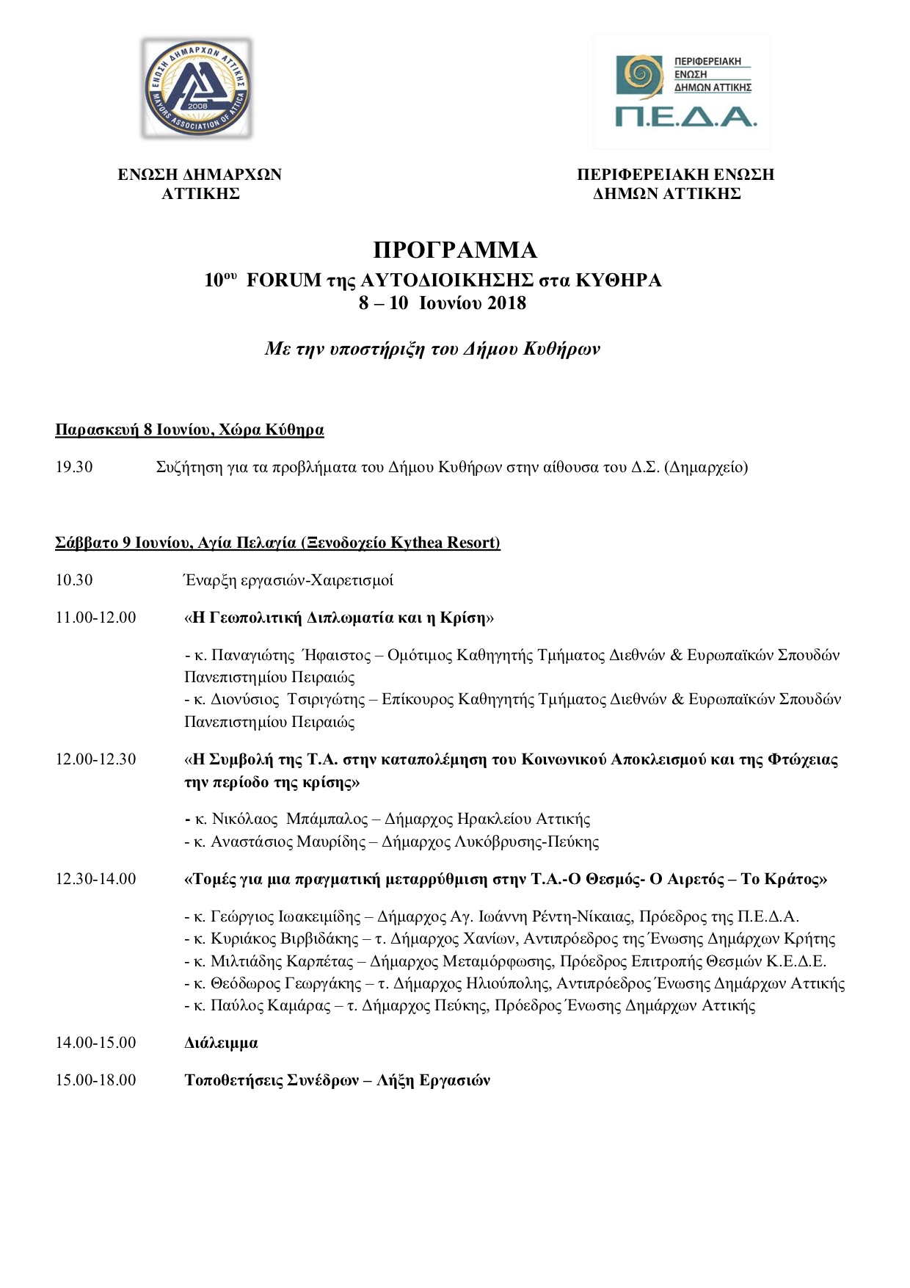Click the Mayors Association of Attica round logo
tap(197, 88)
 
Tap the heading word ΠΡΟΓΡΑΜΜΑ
tap(455, 250)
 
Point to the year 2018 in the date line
tap(506, 303)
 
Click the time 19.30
tap(74, 467)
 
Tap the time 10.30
tap(74, 580)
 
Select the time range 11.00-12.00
tap(95, 618)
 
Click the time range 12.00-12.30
tap(95, 759)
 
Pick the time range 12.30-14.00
tap(95, 879)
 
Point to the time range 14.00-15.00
tap(95, 1043)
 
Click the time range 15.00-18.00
tap(95, 1080)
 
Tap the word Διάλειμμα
tap(221, 1043)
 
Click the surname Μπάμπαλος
tap(327, 819)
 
